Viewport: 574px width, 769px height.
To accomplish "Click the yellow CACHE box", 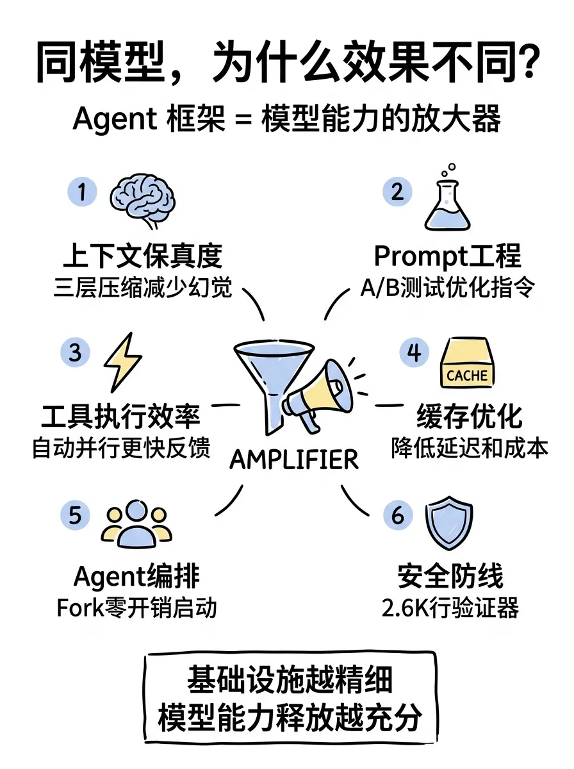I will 467,365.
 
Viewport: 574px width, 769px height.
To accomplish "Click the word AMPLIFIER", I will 294,459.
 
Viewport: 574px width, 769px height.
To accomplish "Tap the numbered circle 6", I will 398,516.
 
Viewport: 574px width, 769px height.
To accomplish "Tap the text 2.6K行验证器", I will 450,608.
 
